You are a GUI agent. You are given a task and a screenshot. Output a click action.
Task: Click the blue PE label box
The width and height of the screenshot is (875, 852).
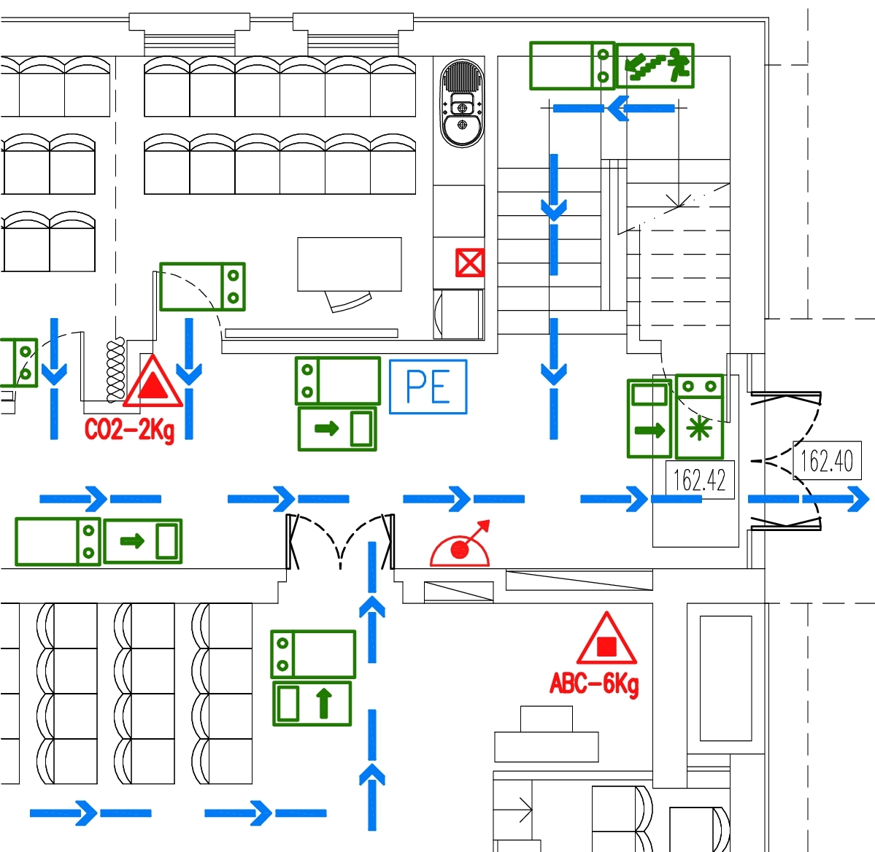[428, 387]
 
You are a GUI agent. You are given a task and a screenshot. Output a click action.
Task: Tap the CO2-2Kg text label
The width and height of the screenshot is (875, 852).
[129, 430]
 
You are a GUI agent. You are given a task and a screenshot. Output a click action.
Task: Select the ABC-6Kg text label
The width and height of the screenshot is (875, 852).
[593, 684]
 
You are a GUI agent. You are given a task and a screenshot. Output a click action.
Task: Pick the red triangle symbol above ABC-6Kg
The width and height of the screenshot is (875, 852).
[606, 640]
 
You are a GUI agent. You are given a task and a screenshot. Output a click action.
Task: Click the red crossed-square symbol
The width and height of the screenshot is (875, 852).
[469, 263]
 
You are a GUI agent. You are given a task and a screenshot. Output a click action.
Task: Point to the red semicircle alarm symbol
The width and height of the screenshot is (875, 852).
[460, 549]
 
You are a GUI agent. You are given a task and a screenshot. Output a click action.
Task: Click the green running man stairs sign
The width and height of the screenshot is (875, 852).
[655, 66]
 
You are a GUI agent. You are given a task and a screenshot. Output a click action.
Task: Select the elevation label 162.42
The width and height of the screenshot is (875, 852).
[699, 480]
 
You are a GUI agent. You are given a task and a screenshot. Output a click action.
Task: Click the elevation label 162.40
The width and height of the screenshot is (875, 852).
[826, 461]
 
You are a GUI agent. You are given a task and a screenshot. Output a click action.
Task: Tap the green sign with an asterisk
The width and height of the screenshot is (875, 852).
[699, 427]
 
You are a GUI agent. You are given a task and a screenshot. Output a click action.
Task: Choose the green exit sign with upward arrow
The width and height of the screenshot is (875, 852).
[312, 703]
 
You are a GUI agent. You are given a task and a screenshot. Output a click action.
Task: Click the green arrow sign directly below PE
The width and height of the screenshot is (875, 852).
[337, 429]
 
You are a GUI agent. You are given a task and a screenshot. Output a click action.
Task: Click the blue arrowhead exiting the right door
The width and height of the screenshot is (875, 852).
[855, 499]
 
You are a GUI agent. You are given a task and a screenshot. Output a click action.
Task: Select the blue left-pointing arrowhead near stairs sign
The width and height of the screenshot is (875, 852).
[618, 109]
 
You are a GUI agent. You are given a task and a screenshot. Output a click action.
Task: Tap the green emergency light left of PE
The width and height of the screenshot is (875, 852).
[338, 380]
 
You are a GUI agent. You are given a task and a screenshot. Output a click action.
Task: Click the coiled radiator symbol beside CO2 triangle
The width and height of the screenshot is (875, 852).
[115, 371]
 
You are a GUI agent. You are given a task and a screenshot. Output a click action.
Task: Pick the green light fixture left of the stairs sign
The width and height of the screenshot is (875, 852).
[572, 66]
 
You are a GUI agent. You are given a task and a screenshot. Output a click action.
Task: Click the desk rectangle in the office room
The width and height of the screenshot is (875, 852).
[350, 264]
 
